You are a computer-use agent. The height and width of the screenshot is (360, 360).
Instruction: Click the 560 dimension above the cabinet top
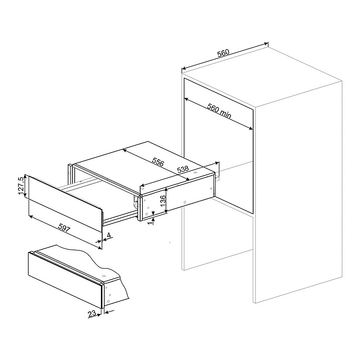223,53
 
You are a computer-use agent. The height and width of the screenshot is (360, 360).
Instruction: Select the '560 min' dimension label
219,111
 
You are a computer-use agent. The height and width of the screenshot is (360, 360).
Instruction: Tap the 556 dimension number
158,162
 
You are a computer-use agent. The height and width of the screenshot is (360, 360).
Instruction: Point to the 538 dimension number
183,169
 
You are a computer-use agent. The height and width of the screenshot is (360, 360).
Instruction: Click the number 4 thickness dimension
109,235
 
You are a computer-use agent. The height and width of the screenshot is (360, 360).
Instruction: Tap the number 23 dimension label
92,313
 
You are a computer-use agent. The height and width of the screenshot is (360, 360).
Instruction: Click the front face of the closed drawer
65,280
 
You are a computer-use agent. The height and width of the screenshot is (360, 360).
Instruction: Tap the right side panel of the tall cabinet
298,192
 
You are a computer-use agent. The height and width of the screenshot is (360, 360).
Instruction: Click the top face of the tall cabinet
262,76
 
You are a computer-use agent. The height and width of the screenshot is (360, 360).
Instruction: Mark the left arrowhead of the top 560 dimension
183,69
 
